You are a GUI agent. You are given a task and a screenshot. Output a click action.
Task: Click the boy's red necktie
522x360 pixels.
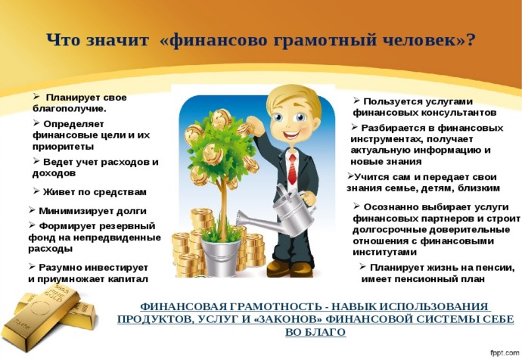(292, 169)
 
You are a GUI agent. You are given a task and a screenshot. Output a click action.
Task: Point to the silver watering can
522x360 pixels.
(280, 213)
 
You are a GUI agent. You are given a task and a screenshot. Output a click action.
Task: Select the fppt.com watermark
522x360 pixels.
(505, 352)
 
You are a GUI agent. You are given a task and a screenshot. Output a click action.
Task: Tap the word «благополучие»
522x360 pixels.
(68, 109)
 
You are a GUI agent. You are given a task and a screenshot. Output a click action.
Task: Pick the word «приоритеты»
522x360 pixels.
(64, 147)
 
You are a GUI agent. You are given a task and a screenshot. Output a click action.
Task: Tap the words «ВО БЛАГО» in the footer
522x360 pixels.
(315, 332)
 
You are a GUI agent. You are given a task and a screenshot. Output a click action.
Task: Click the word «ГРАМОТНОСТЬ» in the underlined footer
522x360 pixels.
(278, 306)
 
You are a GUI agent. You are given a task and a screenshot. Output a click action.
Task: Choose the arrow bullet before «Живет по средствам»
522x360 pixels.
(36, 191)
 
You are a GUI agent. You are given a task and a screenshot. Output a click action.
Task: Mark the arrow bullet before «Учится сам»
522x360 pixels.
(350, 175)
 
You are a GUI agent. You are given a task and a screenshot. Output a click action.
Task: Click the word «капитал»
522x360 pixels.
(128, 280)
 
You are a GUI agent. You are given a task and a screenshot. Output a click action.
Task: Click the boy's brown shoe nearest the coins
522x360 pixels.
(277, 268)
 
